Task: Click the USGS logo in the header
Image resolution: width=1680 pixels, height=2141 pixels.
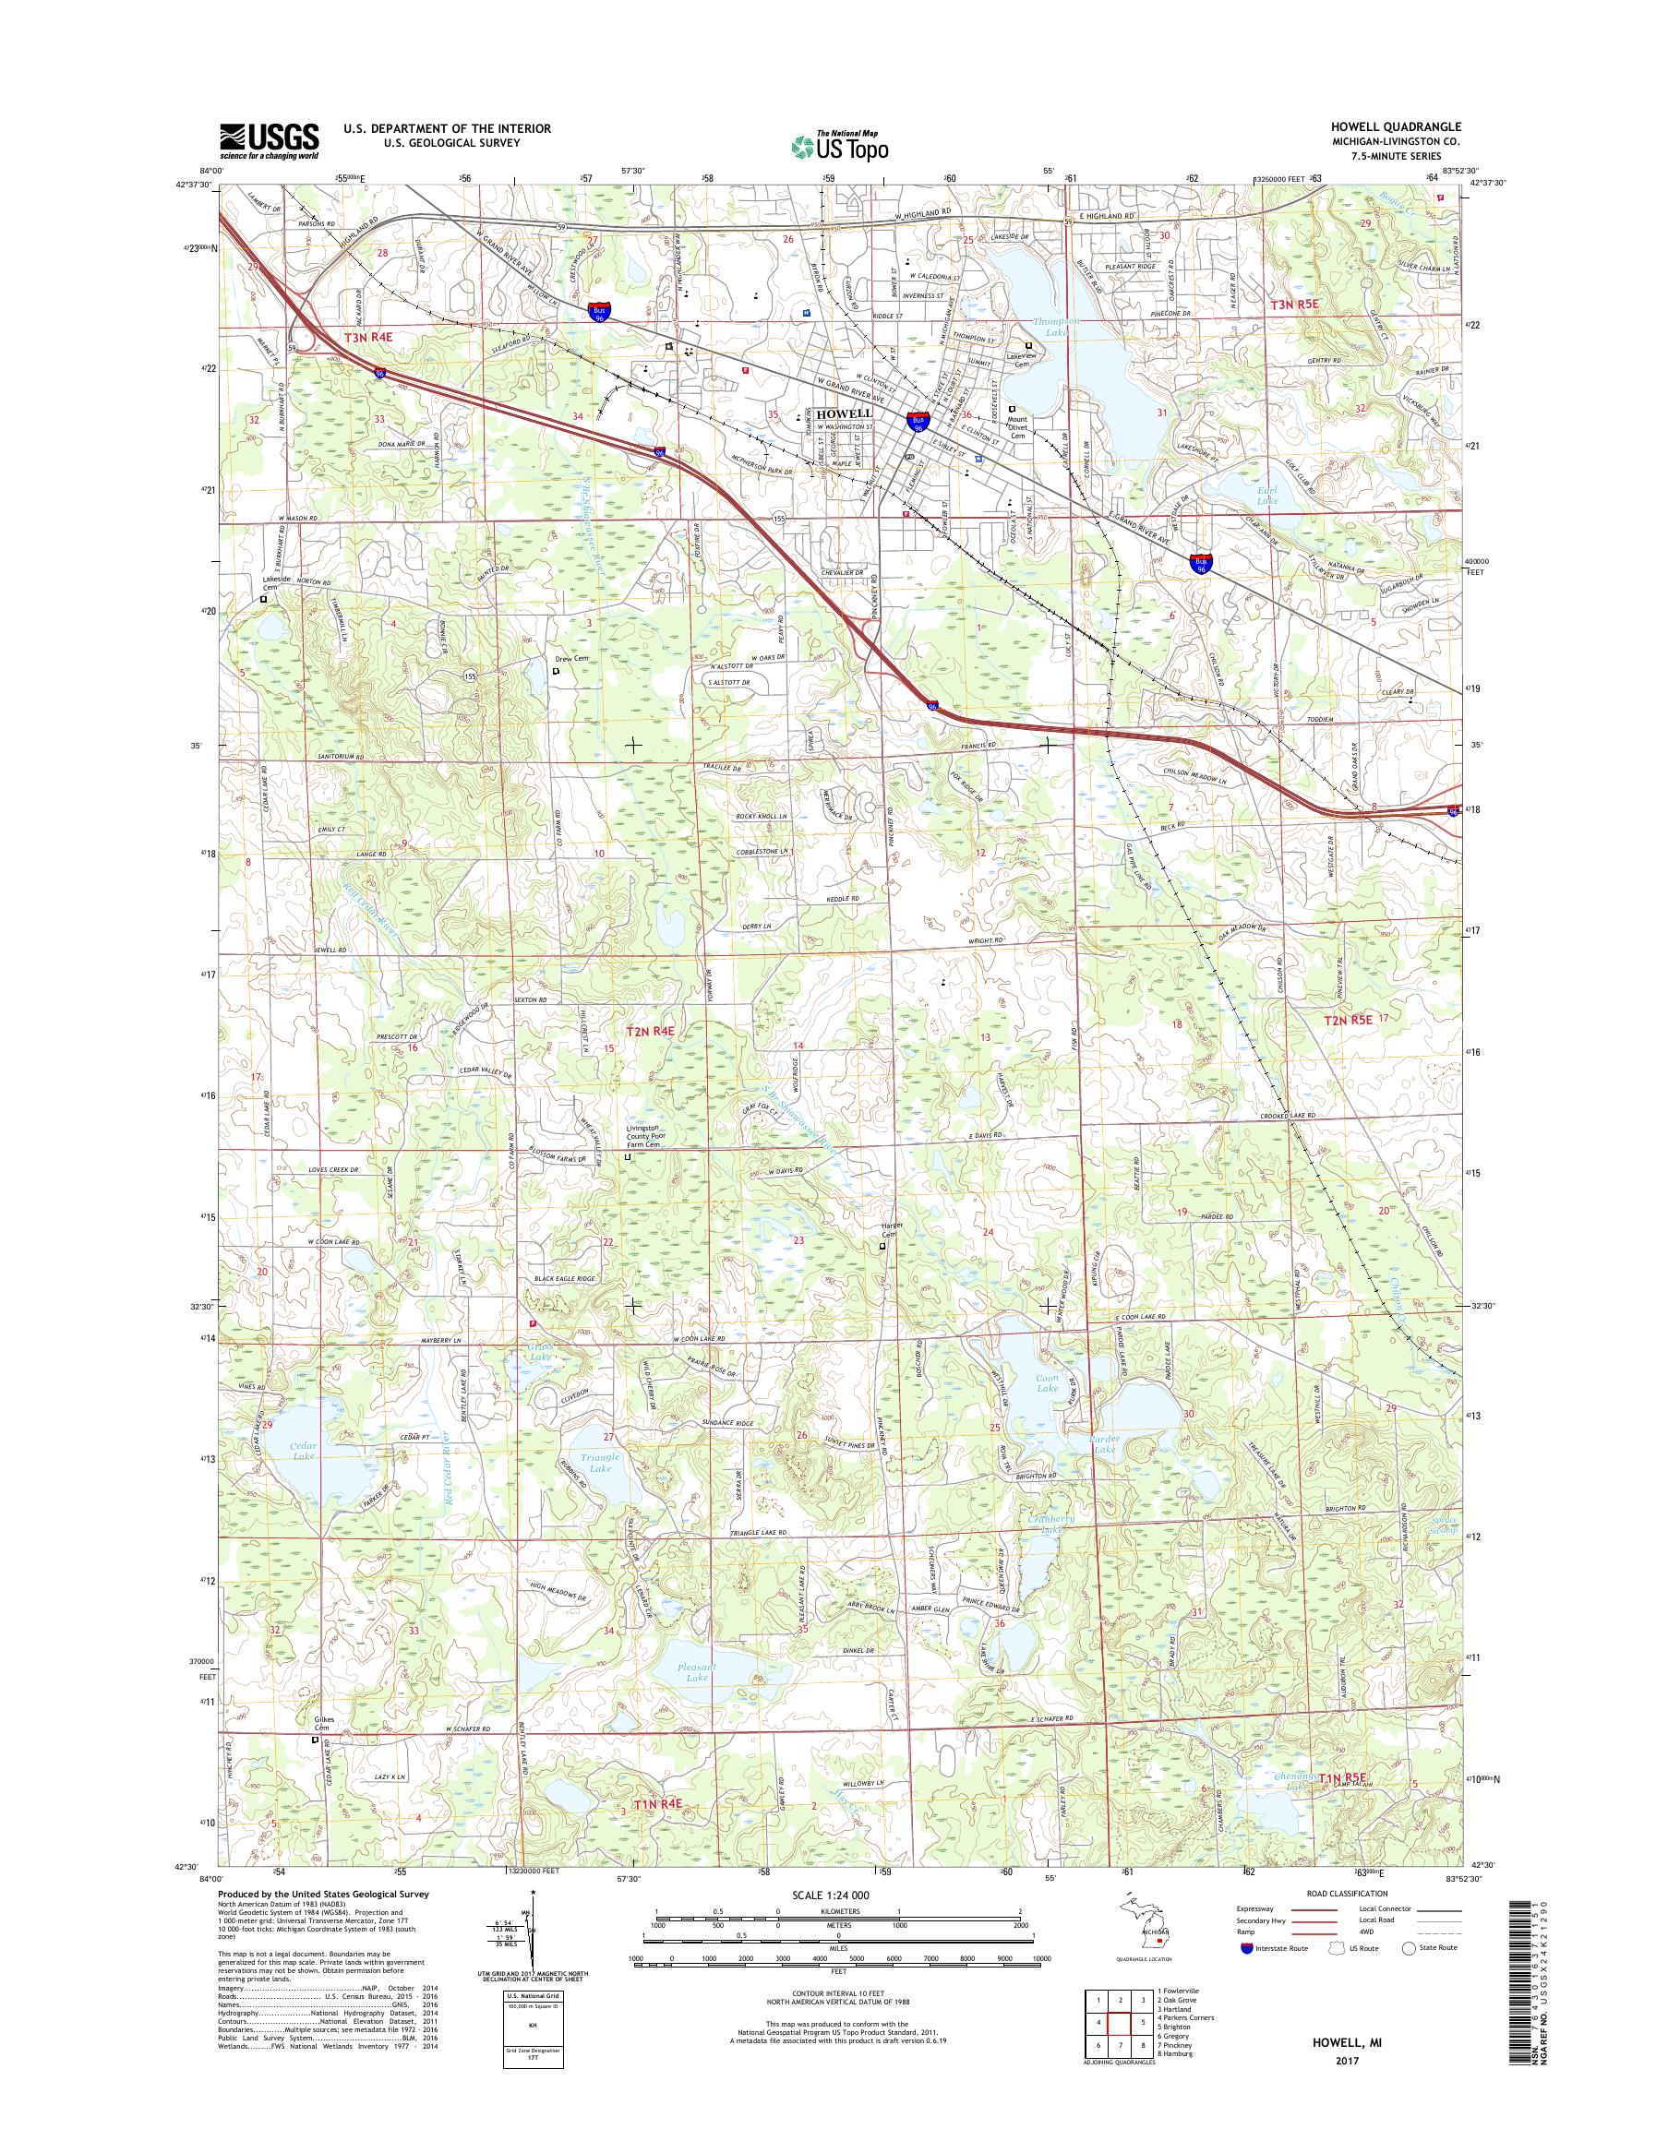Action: tap(269, 140)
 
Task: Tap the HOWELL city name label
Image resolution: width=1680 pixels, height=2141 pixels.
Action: tap(843, 413)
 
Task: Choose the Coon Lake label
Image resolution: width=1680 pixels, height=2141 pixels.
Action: tap(1047, 1382)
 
